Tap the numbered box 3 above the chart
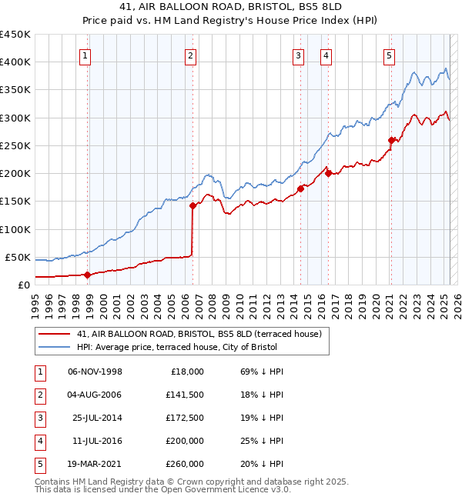pyautogui.click(x=298, y=55)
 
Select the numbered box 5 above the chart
pyautogui.click(x=389, y=55)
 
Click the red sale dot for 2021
pyautogui.click(x=392, y=140)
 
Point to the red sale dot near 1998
pyautogui.click(x=87, y=275)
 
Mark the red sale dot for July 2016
pyautogui.click(x=328, y=173)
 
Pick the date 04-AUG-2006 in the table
pyautogui.click(x=95, y=395)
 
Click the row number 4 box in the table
pyautogui.click(x=39, y=441)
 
